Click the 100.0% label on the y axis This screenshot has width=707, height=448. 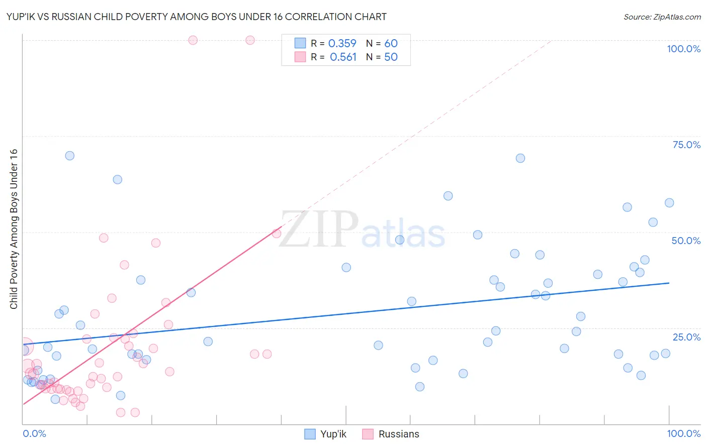coord(683,49)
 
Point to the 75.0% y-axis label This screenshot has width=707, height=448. coord(686,145)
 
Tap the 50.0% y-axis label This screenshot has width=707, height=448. coord(686,241)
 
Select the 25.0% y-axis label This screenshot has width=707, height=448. coord(686,337)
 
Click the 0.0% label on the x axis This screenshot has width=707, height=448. coord(34,433)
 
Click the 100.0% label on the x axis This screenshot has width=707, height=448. coord(683,433)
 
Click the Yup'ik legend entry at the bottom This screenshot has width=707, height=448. coord(333,434)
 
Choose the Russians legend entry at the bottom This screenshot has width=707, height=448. coord(398,434)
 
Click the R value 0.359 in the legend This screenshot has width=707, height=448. coord(342,44)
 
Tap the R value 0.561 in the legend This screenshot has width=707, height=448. coord(343,57)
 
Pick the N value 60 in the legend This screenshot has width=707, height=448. coord(391,44)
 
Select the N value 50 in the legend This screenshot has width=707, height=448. coord(391,57)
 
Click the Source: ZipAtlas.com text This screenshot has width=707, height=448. coord(662,17)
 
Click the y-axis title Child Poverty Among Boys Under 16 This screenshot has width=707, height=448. coord(14,229)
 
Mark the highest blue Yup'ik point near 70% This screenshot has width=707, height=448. coord(70,156)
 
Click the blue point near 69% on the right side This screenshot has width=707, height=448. coord(520,158)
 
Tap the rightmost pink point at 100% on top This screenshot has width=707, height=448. coord(250,40)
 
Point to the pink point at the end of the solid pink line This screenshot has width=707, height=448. coord(277,234)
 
